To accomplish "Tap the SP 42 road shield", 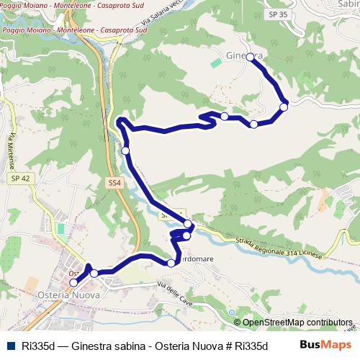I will pos(19,178).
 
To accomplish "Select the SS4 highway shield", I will pos(114,184).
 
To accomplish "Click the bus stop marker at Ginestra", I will pos(250,57).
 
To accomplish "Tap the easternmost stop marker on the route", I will pos(284,107).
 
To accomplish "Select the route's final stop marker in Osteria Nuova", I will pos(73,283).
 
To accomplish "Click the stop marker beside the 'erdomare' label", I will pos(171,263).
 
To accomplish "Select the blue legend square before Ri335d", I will pos(11,344).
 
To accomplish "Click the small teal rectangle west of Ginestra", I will pos(216,63).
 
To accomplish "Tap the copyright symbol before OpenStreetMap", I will pos(237,323).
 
